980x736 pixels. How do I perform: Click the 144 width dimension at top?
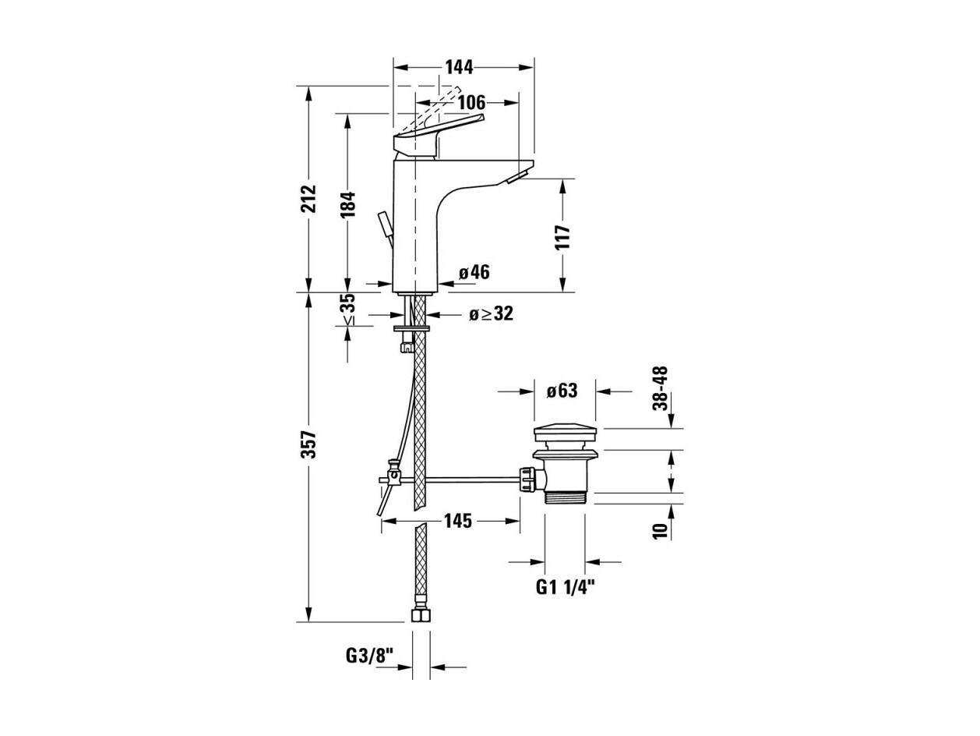click(x=459, y=68)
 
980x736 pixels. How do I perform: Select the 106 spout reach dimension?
click(x=471, y=103)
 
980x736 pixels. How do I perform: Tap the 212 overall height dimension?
click(x=308, y=198)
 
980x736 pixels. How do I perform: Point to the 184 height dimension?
click(x=347, y=205)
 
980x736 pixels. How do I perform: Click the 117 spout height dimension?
click(x=563, y=237)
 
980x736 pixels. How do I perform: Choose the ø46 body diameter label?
click(x=474, y=272)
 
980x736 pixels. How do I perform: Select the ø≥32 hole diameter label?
click(x=491, y=313)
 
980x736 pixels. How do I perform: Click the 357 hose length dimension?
click(x=308, y=444)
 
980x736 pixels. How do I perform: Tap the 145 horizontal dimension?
click(x=458, y=521)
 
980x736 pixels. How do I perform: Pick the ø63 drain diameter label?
click(x=562, y=391)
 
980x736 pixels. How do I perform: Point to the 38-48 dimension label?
click(x=660, y=388)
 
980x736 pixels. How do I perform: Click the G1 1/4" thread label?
click(x=566, y=587)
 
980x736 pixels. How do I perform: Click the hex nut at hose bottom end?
click(x=420, y=616)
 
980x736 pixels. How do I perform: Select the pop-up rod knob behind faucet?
click(x=385, y=224)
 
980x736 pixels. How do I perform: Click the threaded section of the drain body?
click(x=566, y=497)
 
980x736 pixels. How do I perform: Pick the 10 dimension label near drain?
click(x=660, y=530)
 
